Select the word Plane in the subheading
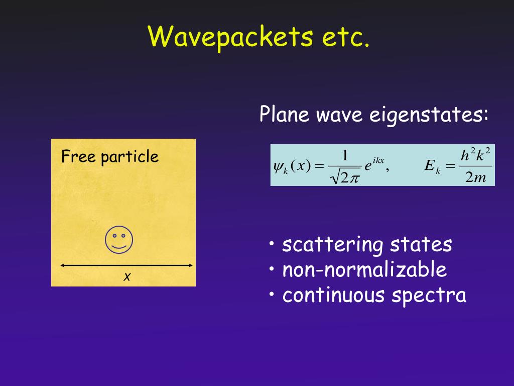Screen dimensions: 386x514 284,115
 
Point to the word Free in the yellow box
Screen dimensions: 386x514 78,157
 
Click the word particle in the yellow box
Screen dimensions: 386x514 130,157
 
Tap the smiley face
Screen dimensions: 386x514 119,239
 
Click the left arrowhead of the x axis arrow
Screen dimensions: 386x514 62,265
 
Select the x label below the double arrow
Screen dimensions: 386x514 127,276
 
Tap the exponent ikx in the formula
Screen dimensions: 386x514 377,160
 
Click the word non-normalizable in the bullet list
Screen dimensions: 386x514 364,270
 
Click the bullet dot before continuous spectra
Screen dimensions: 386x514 272,295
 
